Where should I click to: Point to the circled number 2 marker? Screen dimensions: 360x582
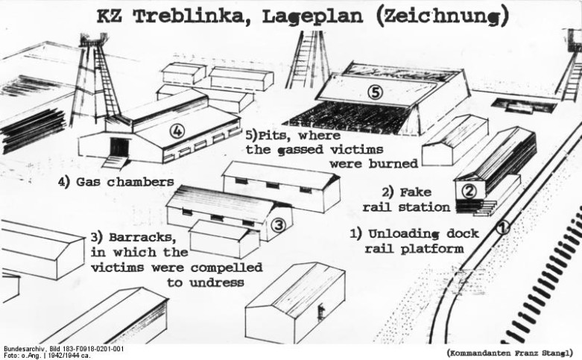[x=469, y=191]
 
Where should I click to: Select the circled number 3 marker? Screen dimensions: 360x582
[x=276, y=224]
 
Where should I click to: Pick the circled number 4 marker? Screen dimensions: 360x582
[x=177, y=132]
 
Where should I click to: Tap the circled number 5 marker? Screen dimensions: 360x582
[x=376, y=93]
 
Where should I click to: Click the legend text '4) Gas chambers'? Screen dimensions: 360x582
[x=116, y=182]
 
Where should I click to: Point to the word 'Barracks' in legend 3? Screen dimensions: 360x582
[x=145, y=238]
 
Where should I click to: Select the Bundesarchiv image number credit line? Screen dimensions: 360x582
[x=63, y=348]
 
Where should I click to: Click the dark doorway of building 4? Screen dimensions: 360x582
[x=118, y=147]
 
